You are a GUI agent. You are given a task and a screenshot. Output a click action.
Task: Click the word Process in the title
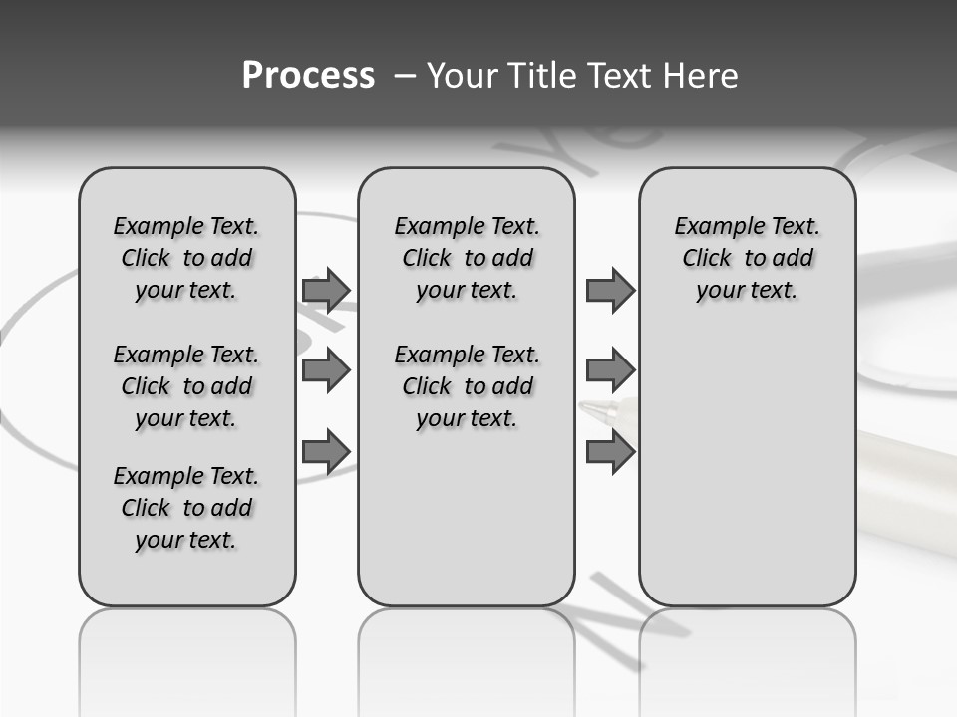308,75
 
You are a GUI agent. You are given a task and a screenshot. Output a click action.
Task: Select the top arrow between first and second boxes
326,290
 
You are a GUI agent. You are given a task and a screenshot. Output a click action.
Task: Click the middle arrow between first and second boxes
326,370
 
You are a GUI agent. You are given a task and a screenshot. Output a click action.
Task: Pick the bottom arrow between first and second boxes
326,451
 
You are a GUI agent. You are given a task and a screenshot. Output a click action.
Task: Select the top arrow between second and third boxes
610,290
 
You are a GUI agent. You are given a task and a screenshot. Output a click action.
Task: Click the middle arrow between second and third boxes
610,370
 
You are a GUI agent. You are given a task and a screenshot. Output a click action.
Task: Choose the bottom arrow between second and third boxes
610,451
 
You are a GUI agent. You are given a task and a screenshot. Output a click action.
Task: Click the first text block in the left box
185,258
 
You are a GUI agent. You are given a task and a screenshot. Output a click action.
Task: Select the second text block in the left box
185,386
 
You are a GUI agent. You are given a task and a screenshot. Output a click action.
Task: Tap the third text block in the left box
185,508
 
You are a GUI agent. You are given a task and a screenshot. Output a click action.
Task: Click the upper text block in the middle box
467,258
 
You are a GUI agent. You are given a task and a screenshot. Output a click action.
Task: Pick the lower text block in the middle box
467,386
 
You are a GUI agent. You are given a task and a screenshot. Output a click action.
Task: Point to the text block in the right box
747,258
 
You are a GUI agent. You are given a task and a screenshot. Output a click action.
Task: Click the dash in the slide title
404,76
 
